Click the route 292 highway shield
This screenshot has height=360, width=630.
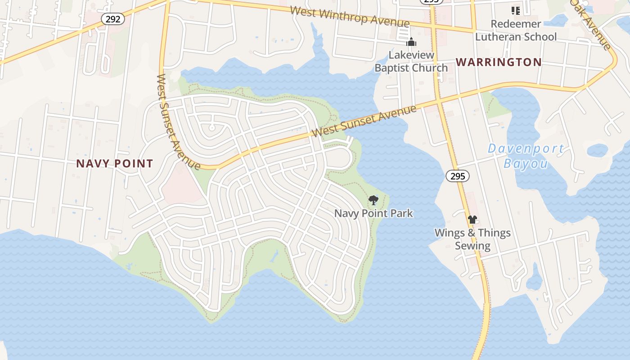113,19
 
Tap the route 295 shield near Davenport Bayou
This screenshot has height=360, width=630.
458,176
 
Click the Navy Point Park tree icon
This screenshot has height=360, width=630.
373,200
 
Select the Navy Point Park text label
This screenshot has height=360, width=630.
373,213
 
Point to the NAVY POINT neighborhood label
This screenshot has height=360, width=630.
115,163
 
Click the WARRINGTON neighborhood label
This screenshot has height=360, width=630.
499,62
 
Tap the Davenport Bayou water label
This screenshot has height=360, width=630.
526,156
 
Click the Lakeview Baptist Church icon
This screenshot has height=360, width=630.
411,42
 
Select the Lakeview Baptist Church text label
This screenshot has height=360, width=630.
411,62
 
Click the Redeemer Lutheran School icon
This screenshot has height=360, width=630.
515,10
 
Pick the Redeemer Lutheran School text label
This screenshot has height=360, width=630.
516,30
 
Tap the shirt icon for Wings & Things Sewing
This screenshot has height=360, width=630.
472,220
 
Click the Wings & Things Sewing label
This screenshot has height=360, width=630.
472,239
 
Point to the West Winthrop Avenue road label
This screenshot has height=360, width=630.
350,16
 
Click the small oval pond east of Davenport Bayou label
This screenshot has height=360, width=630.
597,150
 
